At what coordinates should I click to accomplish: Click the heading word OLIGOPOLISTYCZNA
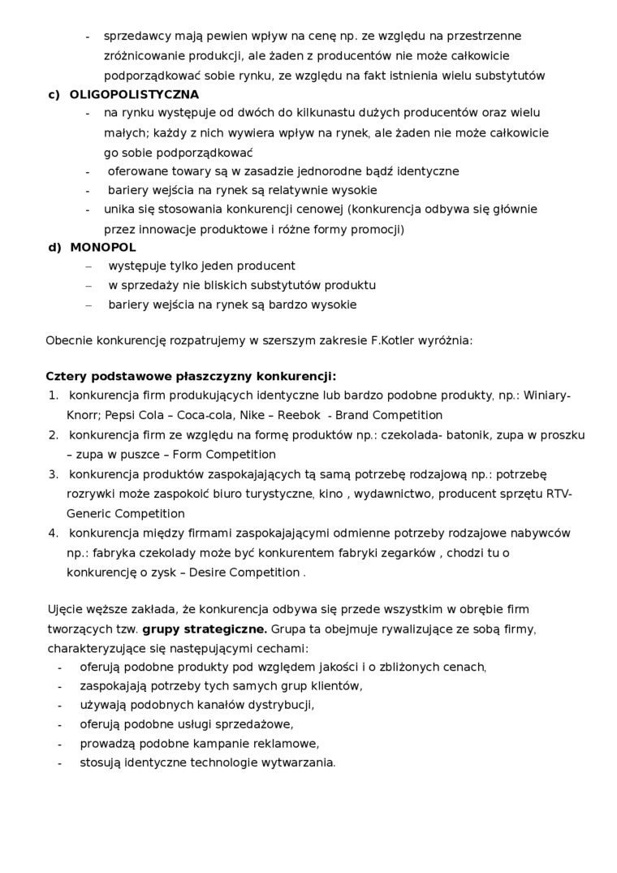(134, 94)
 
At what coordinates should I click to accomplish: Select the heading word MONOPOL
(103, 247)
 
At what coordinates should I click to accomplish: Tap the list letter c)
(54, 94)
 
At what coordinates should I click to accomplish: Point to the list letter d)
(54, 247)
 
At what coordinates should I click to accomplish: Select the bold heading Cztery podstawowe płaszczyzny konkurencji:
(191, 376)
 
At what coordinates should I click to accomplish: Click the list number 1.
(53, 395)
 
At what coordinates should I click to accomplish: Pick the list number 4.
(53, 534)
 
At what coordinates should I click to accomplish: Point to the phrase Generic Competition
(125, 514)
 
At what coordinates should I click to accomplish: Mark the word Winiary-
(547, 395)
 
